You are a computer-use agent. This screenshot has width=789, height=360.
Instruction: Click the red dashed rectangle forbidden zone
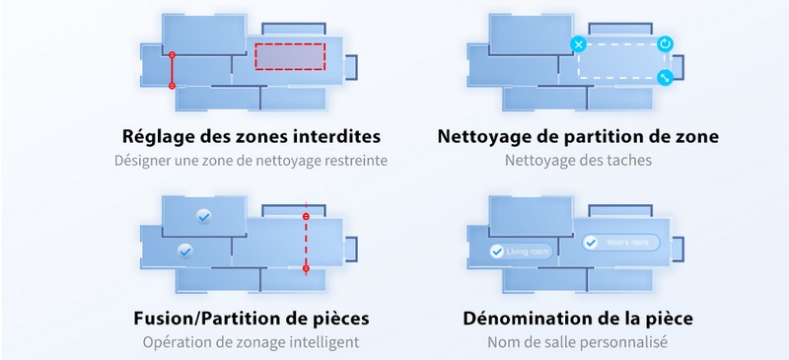tap(291, 57)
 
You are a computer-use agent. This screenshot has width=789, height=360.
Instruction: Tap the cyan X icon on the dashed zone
tap(579, 44)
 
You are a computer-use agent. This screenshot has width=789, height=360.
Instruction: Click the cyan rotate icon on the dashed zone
tap(666, 44)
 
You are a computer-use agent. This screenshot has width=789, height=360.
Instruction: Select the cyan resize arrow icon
tap(666, 78)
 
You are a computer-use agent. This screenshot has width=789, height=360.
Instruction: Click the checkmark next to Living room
tap(496, 252)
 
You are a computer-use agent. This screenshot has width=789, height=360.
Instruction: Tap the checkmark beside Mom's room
tap(591, 242)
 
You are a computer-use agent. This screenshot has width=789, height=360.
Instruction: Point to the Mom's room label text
tap(628, 242)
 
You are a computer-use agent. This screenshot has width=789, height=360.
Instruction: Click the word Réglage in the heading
tap(157, 135)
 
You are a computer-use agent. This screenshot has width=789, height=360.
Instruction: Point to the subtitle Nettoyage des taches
tap(578, 160)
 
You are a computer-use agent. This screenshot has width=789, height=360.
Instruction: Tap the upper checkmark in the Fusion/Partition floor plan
tap(203, 215)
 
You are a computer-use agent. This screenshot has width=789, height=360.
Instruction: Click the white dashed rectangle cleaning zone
tap(621, 60)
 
